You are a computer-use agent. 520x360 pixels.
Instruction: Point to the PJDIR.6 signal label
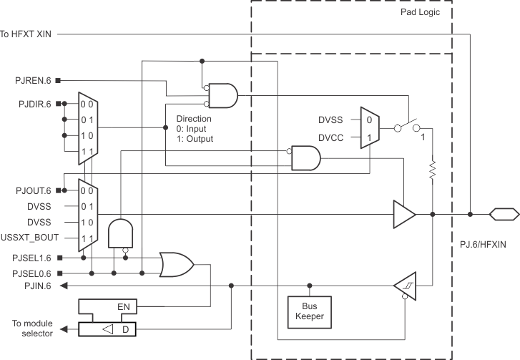click(x=33, y=104)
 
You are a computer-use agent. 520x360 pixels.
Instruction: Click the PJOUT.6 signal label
click(x=33, y=190)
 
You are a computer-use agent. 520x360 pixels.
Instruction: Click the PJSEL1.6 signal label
click(x=31, y=258)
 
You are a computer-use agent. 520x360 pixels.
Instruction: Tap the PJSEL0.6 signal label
click(x=31, y=273)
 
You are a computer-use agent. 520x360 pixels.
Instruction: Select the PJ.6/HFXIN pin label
click(x=483, y=244)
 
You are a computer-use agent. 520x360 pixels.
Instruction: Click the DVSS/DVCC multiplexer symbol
click(x=368, y=127)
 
